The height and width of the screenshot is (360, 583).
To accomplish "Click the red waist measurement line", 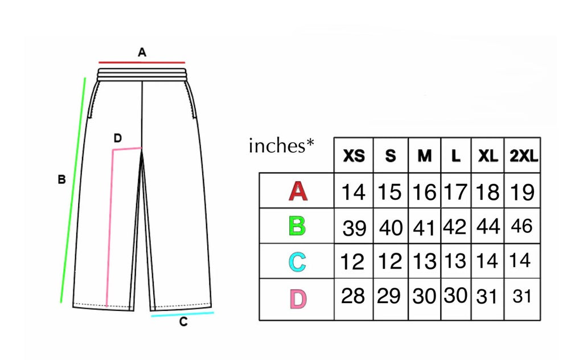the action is pyautogui.click(x=142, y=63).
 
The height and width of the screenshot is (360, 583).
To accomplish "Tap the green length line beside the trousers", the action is pyautogui.click(x=73, y=190).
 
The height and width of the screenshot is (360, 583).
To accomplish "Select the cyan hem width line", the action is pyautogui.click(x=182, y=314).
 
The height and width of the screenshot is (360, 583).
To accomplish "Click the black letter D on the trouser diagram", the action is pyautogui.click(x=117, y=138).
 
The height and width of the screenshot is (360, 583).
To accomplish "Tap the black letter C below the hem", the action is pyautogui.click(x=183, y=322).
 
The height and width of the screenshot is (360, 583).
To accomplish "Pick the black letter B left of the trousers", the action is pyautogui.click(x=61, y=179).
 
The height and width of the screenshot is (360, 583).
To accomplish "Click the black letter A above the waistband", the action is pyautogui.click(x=142, y=52).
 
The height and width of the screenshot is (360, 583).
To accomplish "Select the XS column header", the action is pyautogui.click(x=354, y=156).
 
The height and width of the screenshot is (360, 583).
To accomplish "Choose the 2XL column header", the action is pyautogui.click(x=524, y=156).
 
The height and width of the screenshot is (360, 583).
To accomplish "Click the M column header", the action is pyautogui.click(x=425, y=156).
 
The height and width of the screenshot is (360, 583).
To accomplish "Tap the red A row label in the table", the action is pyautogui.click(x=298, y=191).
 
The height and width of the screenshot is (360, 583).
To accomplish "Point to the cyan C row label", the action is pyautogui.click(x=297, y=262).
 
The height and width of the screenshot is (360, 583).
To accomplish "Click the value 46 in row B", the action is pyautogui.click(x=522, y=226).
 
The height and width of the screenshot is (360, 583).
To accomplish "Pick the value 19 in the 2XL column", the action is pyautogui.click(x=522, y=193).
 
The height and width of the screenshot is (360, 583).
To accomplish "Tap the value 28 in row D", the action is pyautogui.click(x=353, y=296).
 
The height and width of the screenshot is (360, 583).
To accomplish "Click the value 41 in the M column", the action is pyautogui.click(x=424, y=228).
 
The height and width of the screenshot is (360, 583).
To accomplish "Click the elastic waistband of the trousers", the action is pyautogui.click(x=142, y=75).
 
